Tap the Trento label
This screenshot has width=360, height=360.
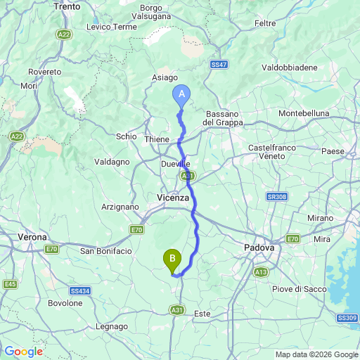[67, 6]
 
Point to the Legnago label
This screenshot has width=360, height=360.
[112, 327]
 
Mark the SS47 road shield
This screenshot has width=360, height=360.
[219, 65]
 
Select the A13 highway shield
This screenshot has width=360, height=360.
[262, 271]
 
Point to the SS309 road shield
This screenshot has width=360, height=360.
[348, 319]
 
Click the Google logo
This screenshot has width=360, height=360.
[23, 352]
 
